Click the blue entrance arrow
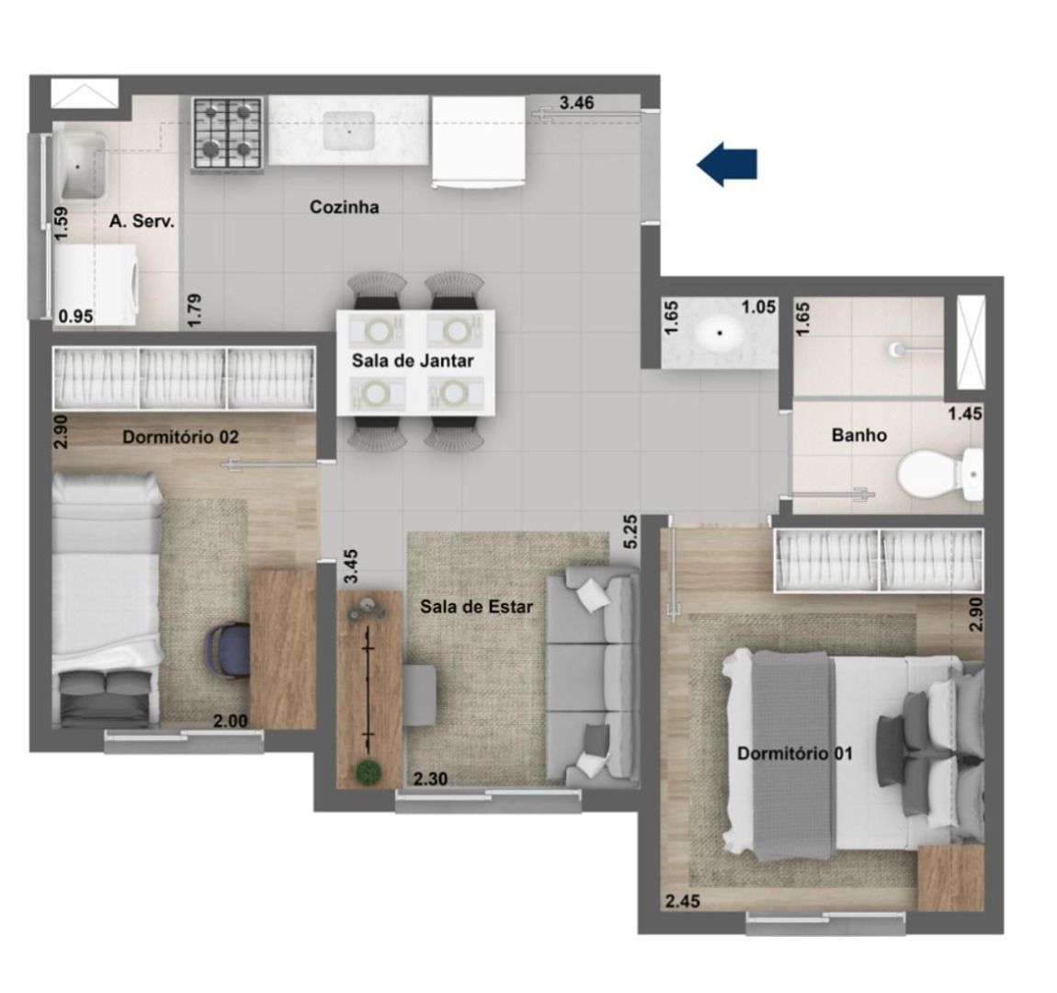727,164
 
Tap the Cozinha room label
344,207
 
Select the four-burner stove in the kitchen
227,133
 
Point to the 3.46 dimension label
577,102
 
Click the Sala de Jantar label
413,360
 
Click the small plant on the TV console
368,772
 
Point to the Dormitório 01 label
795,753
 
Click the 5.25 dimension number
631,531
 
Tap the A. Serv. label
142,221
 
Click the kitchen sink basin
349,131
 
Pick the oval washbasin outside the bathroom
720,332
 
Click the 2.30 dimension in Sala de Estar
430,780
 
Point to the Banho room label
858,435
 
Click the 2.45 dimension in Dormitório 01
683,901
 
